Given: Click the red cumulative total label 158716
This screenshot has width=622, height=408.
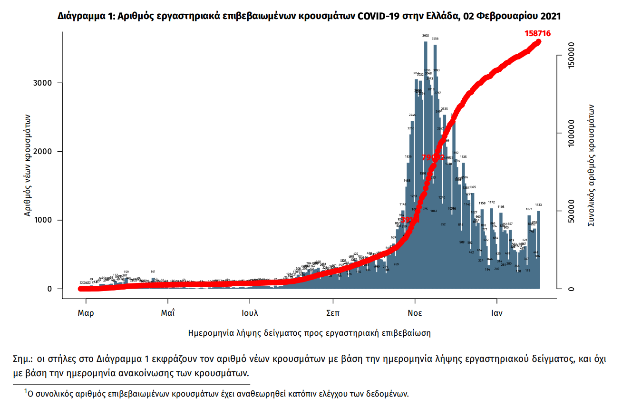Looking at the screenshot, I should coord(538,33).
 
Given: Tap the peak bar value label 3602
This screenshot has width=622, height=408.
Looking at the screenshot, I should coord(426,36).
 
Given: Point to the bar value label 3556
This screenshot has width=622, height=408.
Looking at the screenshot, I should coord(435,39).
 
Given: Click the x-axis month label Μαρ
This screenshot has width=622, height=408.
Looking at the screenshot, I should coord(86,313).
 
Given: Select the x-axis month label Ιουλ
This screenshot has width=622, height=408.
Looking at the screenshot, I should coord(250,313).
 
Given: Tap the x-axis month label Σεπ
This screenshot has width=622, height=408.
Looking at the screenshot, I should coord(332,313).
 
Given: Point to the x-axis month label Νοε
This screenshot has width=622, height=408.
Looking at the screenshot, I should coord(415,313).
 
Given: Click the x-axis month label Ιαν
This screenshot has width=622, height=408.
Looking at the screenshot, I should coord(497,313).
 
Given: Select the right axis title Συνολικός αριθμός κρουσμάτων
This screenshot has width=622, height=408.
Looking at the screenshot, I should coord(592,164).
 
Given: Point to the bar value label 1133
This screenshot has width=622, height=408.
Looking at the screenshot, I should coord(538,205).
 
